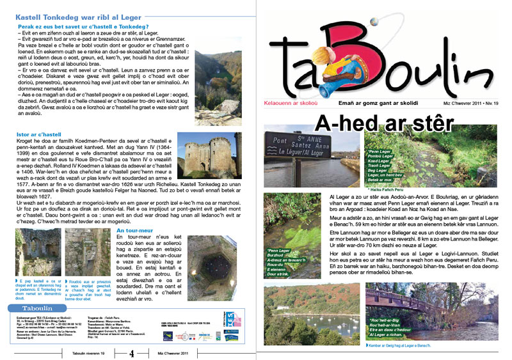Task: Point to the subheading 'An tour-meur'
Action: pos(136,229)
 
